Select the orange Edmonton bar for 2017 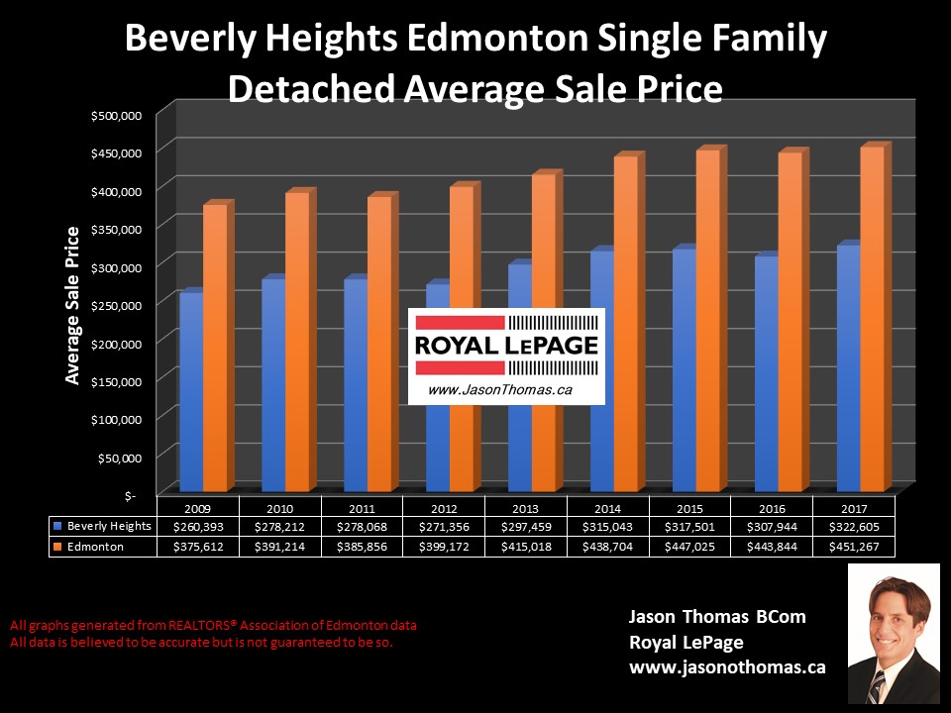click(872, 317)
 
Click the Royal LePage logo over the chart click(506, 355)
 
